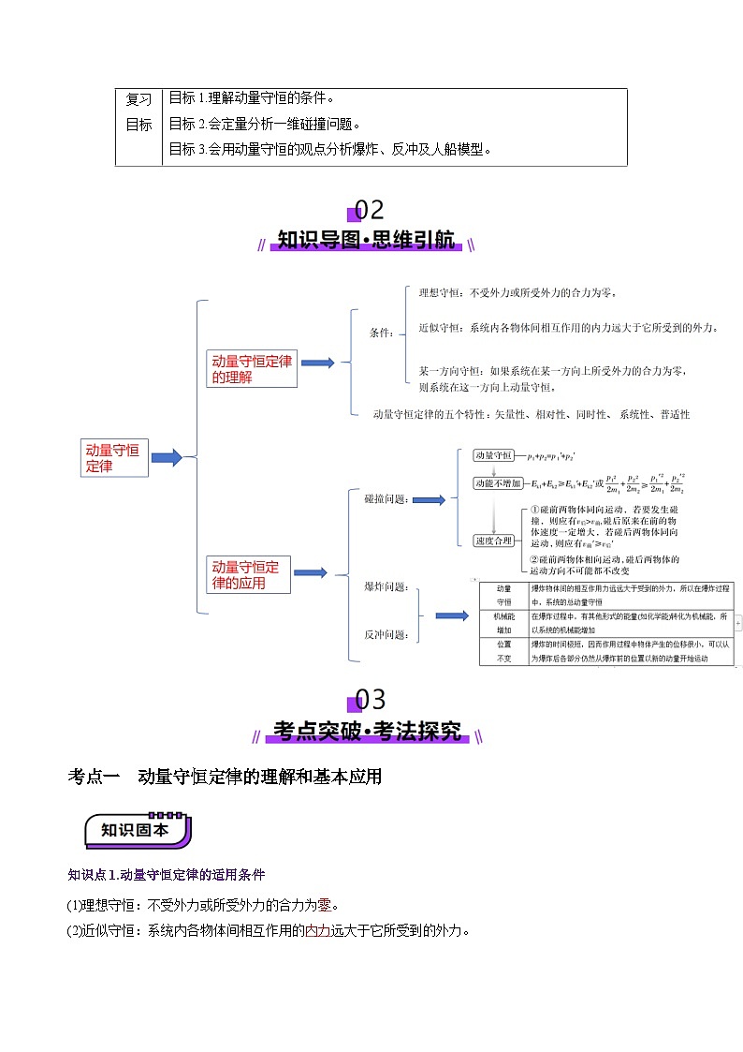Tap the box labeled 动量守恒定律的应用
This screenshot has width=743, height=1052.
249,574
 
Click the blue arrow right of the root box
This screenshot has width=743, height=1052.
167,458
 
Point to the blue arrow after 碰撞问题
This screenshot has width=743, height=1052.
429,500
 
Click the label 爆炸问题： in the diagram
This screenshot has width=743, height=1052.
386,586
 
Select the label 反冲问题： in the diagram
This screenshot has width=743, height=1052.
386,634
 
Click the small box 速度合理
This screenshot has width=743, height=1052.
493,541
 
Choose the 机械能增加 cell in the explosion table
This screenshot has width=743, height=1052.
504,623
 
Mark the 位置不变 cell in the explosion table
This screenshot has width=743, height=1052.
504,651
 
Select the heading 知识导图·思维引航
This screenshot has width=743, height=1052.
367,241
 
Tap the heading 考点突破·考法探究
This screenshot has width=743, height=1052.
367,732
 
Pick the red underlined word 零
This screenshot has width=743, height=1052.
325,905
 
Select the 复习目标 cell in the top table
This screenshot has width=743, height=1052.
138,111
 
